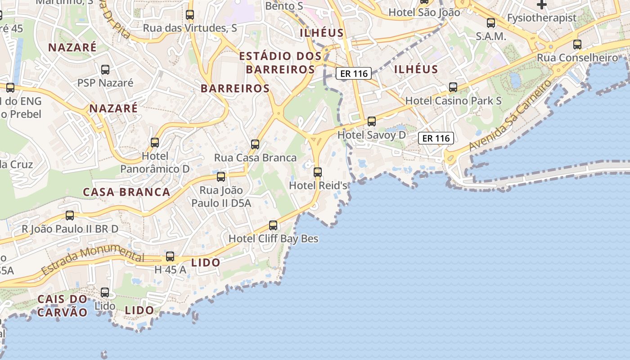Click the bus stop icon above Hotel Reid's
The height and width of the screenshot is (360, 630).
coord(318,172)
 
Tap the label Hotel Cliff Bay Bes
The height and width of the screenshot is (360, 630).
coord(273,238)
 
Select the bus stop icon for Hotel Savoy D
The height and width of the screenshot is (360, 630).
coord(372,121)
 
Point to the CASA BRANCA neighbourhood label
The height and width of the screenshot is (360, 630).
coord(126,192)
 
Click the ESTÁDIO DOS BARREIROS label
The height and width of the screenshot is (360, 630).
coord(280,63)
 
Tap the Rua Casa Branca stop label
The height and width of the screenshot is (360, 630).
coord(255,158)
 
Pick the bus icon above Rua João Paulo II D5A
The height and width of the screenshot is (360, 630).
coord(221,177)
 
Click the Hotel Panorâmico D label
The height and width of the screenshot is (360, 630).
coord(155,162)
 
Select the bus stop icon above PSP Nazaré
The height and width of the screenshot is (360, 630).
coord(105,70)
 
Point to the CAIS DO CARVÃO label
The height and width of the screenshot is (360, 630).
coord(62,306)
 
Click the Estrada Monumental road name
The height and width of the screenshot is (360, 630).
coord(92,261)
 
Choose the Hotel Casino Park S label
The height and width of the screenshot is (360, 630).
coord(453,101)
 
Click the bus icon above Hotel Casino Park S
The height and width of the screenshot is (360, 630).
coord(453,87)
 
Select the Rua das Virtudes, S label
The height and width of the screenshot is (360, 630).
coord(190,28)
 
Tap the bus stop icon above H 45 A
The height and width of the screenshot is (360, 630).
coord(170,256)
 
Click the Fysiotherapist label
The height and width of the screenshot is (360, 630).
coord(541,18)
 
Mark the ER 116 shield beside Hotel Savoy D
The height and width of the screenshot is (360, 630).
coord(436,138)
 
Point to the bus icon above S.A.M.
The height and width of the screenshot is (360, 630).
coord(491,23)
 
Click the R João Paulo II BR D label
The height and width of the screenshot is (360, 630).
coord(70,229)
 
